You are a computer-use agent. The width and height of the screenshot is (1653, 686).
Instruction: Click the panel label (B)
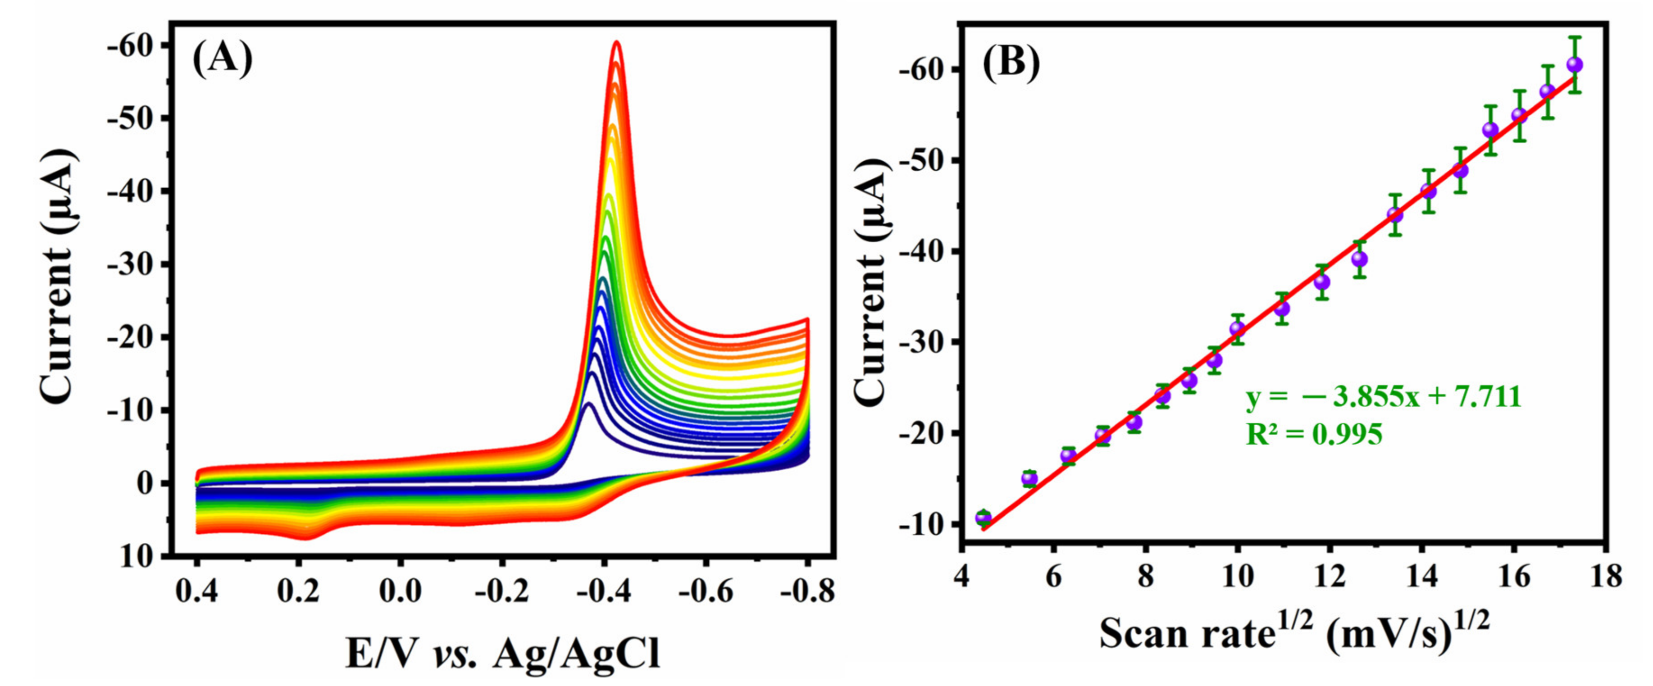click(x=1011, y=66)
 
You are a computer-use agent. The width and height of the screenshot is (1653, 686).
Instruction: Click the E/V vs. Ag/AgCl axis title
click(x=502, y=654)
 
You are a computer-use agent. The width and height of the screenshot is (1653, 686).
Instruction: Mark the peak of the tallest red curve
click(x=617, y=42)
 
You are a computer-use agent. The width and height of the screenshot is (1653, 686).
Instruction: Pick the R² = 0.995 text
click(x=1314, y=435)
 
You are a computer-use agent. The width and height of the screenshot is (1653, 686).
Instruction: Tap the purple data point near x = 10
click(x=1238, y=329)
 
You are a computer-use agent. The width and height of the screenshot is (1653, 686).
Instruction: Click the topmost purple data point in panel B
click(x=1574, y=65)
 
